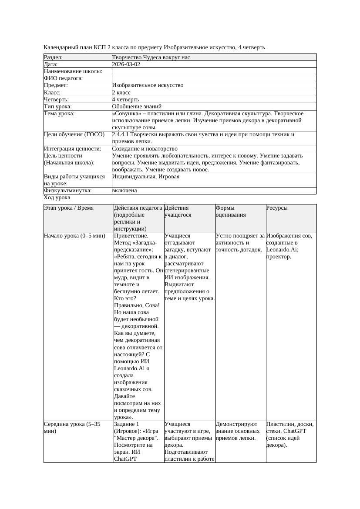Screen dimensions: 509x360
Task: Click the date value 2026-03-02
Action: tap(126, 64)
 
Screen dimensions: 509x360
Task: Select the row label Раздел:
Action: tap(54, 57)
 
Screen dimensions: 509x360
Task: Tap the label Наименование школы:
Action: tap(73, 71)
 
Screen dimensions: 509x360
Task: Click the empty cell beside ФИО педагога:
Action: tap(214, 78)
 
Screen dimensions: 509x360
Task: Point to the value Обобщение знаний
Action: tap(137, 106)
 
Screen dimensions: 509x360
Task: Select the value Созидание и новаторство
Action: tap(145, 149)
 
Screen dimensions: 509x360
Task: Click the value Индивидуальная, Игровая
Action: tap(146, 177)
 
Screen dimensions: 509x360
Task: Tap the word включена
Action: tap(124, 191)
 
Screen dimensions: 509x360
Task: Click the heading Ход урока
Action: tap(57, 198)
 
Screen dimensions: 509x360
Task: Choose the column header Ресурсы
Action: tap(277, 208)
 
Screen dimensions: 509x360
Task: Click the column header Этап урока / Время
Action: tap(69, 208)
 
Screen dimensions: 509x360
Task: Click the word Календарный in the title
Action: tap(59, 47)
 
